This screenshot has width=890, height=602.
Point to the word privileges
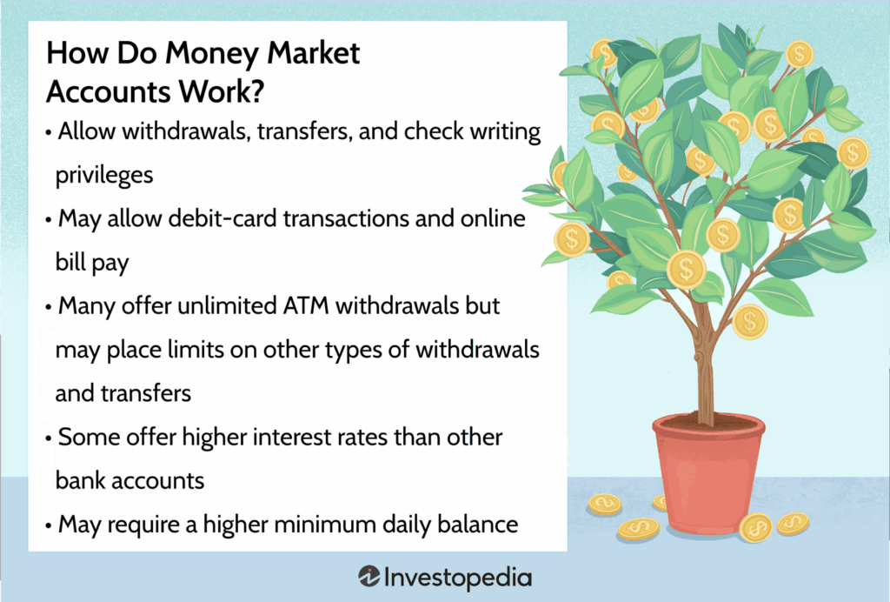click(x=104, y=174)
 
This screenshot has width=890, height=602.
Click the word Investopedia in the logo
click(x=458, y=577)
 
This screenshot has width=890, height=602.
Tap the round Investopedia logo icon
click(x=369, y=577)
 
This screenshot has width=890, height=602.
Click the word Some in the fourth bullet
click(x=85, y=436)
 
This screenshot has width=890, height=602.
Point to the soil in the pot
click(x=708, y=425)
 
